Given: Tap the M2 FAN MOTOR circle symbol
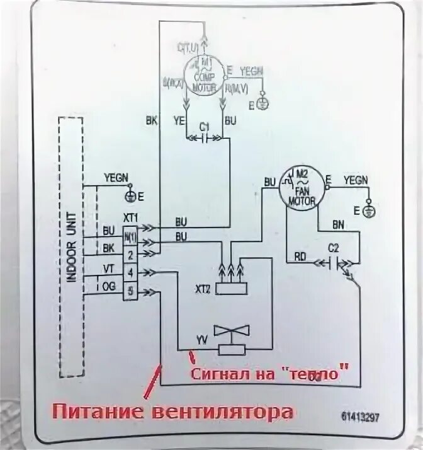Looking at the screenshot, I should (x=305, y=188).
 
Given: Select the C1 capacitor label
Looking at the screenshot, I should (x=204, y=127).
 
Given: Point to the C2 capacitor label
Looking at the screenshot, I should (x=334, y=247).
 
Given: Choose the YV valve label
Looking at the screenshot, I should (x=201, y=340).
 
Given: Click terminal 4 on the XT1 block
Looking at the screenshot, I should (x=130, y=272).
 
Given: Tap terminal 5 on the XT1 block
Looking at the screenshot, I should (x=130, y=291).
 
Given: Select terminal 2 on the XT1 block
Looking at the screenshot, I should (x=130, y=255).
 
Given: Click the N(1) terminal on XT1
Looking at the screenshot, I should (x=130, y=237).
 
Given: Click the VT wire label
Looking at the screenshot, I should (x=108, y=268).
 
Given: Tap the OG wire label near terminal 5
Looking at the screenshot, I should (x=108, y=286).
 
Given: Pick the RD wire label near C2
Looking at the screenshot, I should (x=300, y=257).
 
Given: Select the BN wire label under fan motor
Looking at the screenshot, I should (x=339, y=224).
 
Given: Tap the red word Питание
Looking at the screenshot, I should (x=98, y=413).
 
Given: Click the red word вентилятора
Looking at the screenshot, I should (x=223, y=413).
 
